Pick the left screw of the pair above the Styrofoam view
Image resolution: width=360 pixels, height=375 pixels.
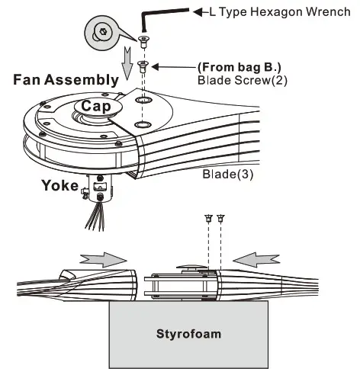(208, 220)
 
